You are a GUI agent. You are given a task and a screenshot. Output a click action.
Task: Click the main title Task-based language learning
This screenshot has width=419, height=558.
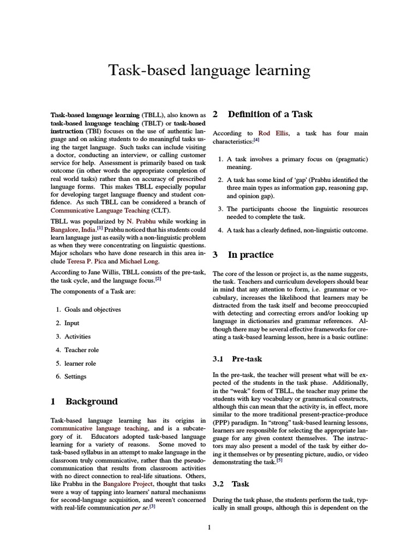pyautogui.click(x=209, y=70)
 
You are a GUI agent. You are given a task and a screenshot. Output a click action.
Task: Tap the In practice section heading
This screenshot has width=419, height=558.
pyautogui.click(x=250, y=255)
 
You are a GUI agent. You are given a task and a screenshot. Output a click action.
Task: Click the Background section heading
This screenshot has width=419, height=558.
pyautogui.click(x=91, y=402)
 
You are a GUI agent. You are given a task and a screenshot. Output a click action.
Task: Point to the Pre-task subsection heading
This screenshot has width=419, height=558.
pyautogui.click(x=247, y=359)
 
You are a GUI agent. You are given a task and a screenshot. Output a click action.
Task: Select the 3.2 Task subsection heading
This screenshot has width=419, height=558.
pyautogui.click(x=240, y=483)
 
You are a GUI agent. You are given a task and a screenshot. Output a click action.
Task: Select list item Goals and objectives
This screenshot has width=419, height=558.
pyautogui.click(x=93, y=310)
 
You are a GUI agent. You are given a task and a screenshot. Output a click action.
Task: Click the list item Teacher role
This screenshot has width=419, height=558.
pyautogui.click(x=81, y=350)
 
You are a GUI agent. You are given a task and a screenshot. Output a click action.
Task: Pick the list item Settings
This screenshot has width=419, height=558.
pyautogui.click(x=75, y=377)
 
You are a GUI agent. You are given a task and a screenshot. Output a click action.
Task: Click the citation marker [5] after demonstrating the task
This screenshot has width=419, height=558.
pyautogui.click(x=279, y=460)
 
